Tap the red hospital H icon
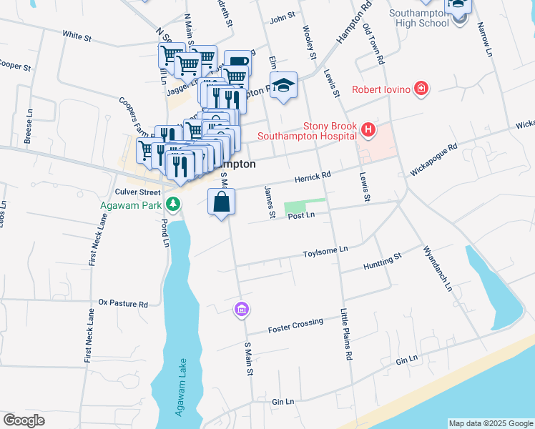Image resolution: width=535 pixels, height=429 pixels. coord(368,129)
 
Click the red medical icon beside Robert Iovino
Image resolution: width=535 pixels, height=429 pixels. coord(422,89)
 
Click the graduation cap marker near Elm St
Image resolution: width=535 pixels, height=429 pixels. coord(283,84)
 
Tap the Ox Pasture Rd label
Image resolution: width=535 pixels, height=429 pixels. coord(123,303)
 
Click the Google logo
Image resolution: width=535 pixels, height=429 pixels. coord(24,420)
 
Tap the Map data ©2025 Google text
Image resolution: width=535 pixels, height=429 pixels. coord(490,423)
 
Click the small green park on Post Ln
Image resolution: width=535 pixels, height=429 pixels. coord(305,206)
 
